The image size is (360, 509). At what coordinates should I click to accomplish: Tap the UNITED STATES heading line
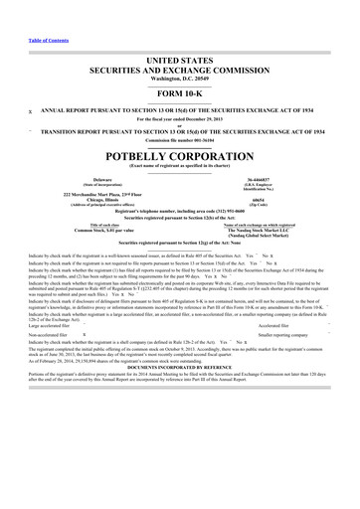coord(179,61)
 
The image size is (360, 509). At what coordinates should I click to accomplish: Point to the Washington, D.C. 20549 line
coord(179,82)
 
